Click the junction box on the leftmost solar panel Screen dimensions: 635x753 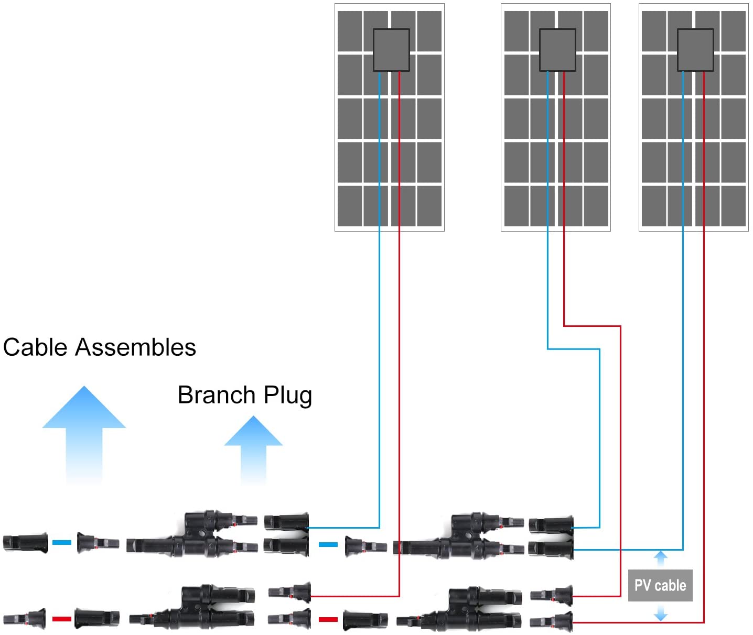click(391, 50)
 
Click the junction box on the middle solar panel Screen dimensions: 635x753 click(557, 50)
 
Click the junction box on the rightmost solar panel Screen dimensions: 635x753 click(695, 50)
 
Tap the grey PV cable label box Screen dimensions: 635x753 click(660, 585)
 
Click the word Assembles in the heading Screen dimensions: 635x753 click(136, 347)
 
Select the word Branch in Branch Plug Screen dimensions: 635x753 click(216, 395)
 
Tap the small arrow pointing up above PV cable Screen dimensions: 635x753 click(661, 558)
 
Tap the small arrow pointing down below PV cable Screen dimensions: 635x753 click(661, 613)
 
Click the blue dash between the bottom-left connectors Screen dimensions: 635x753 click(62, 543)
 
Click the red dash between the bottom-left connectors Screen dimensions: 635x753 click(62, 619)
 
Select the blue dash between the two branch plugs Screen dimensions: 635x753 click(328, 545)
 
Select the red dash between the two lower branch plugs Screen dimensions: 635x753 click(328, 619)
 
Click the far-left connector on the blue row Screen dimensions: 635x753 click(25, 542)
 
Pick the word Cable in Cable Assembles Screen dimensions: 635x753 click(36, 347)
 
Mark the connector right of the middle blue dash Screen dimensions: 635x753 click(365, 546)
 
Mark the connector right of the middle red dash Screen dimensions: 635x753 click(365, 621)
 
